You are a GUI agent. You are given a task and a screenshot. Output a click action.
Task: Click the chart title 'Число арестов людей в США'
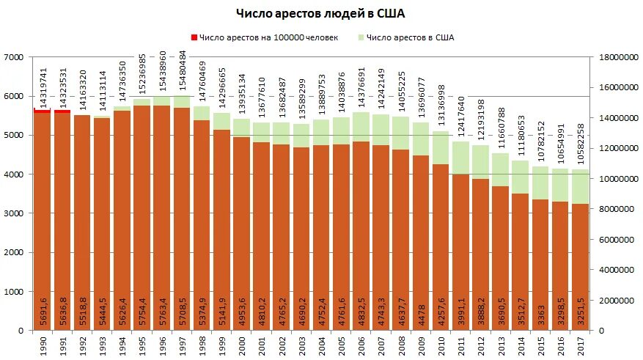[x=320, y=13]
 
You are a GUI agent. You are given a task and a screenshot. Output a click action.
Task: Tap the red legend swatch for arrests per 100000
[x=194, y=38]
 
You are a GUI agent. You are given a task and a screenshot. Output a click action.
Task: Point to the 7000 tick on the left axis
[x=14, y=57]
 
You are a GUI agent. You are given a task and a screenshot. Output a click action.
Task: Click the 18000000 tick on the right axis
[x=618, y=57]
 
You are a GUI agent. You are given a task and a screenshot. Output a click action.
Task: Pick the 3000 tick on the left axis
[x=14, y=213]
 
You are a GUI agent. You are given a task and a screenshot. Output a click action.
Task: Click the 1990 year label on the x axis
[x=42, y=344]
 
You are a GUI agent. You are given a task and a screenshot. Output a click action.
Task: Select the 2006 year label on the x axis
[x=361, y=344]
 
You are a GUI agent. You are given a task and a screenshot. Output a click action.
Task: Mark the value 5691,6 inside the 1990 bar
[x=43, y=312]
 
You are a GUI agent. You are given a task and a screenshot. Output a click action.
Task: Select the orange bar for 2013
[x=499, y=257]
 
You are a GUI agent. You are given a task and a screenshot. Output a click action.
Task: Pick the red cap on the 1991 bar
[x=62, y=111]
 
